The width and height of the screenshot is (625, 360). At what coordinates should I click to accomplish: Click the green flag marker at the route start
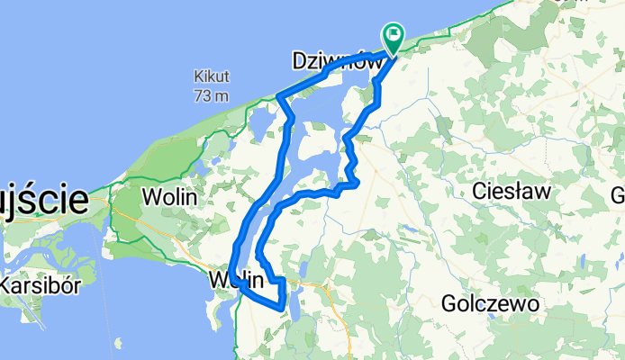click(394, 37)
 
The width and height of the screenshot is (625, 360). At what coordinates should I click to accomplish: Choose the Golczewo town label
click(491, 304)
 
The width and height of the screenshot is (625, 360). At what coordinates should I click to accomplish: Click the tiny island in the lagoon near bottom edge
click(119, 341)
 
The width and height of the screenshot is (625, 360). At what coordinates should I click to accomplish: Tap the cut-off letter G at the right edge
click(619, 195)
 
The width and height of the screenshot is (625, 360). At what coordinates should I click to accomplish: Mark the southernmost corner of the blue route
click(283, 309)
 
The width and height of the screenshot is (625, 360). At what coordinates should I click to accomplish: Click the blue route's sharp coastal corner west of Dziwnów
click(280, 95)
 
